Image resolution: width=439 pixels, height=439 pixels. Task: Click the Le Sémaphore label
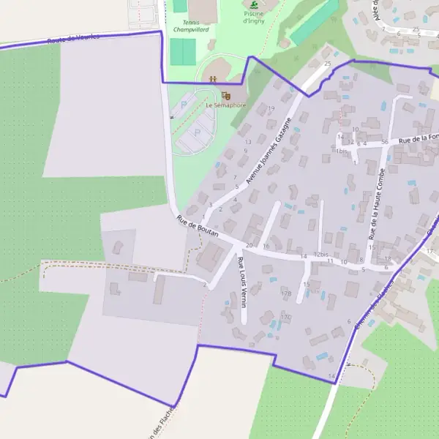(x=225, y=105)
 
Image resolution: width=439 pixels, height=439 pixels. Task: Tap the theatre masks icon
(x=226, y=95)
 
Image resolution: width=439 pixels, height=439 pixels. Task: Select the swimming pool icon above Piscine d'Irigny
(x=253, y=4)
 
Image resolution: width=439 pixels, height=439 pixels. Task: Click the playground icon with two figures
(x=212, y=78)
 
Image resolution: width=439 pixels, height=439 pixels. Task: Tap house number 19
(x=271, y=109)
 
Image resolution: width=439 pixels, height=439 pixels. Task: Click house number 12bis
(x=320, y=255)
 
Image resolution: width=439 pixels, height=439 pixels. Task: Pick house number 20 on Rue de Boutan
(x=249, y=245)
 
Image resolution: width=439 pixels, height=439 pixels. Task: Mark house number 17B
(x=286, y=293)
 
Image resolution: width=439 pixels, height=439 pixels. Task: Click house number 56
(x=384, y=142)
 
